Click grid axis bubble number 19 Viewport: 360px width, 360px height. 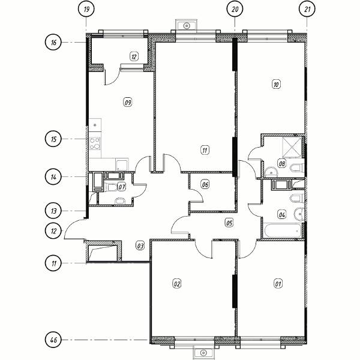(86, 10)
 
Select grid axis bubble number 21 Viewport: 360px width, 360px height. (307, 10)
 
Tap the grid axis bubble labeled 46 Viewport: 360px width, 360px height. (53, 340)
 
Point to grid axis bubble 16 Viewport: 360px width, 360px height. (53, 43)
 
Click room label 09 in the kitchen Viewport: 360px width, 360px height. (128, 102)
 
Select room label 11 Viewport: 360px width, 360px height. (205, 151)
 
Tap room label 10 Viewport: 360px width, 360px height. (276, 84)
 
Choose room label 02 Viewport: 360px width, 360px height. (177, 284)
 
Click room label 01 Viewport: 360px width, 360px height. (278, 284)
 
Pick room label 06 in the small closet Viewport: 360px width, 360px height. (205, 184)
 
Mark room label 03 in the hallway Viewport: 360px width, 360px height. (140, 246)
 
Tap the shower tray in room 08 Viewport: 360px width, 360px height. (292, 147)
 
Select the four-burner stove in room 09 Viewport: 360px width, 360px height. (95, 143)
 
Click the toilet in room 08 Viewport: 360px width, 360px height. (298, 168)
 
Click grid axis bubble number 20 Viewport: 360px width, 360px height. (235, 10)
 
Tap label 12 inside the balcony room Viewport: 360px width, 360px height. (134, 56)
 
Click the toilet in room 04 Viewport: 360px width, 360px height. (298, 198)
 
